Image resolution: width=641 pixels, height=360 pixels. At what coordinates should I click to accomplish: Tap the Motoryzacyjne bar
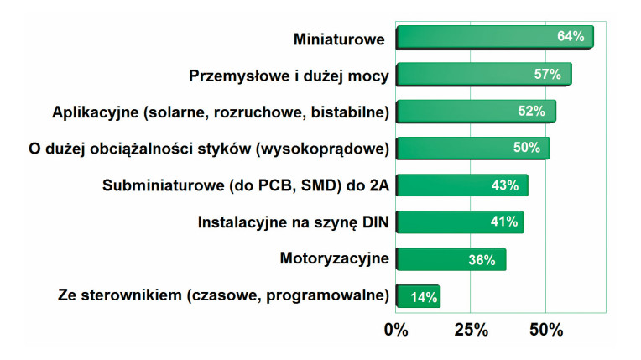point(436,259)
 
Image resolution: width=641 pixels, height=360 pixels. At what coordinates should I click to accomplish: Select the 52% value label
point(531,111)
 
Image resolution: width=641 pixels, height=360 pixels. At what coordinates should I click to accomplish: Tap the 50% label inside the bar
point(526,148)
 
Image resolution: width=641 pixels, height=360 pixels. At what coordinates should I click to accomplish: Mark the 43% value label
point(504,185)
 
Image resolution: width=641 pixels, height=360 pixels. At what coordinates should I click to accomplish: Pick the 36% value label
point(482,259)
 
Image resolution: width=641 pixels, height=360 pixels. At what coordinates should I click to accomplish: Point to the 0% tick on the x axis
point(396,329)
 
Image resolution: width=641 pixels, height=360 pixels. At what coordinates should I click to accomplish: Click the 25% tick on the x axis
point(471,329)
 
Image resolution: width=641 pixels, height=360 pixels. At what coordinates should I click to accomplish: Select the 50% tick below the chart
point(545,329)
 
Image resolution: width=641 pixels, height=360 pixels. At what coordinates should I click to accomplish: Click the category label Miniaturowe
point(339,39)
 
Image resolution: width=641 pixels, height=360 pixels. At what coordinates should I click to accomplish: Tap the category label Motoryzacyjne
point(334,258)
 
